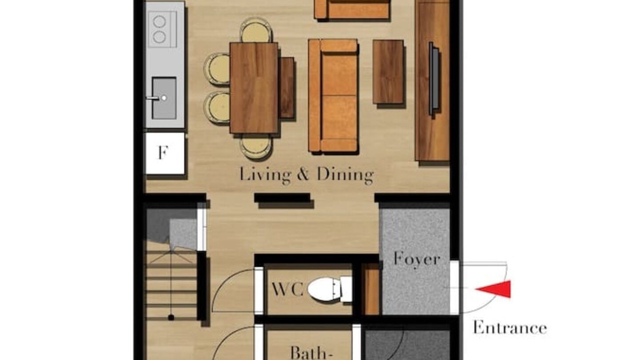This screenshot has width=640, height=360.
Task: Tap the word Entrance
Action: tap(510, 327)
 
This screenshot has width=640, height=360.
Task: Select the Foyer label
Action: tap(416, 259)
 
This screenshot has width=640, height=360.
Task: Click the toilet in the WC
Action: tap(330, 289)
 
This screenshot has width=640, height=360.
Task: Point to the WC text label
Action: tap(287, 289)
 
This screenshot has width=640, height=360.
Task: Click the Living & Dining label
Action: tap(306, 174)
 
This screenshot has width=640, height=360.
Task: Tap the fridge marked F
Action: tap(165, 153)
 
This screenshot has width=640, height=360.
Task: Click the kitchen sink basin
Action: tap(164, 98)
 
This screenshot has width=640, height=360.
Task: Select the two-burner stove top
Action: tap(161, 29)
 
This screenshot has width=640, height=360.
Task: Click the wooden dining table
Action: tap(254, 87)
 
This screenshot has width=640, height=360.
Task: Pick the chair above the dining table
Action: tap(255, 30)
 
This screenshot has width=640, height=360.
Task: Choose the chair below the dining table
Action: tap(255, 146)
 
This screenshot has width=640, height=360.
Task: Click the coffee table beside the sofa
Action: tap(388, 72)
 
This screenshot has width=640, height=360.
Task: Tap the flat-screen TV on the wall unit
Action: tap(433, 78)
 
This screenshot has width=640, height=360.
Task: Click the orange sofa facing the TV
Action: tap(333, 95)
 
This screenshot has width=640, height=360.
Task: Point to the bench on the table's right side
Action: tap(286, 87)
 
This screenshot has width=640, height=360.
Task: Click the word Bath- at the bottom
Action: tap(311, 353)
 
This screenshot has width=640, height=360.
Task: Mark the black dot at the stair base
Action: tap(171, 317)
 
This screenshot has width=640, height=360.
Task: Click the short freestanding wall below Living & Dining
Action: tap(282, 197)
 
